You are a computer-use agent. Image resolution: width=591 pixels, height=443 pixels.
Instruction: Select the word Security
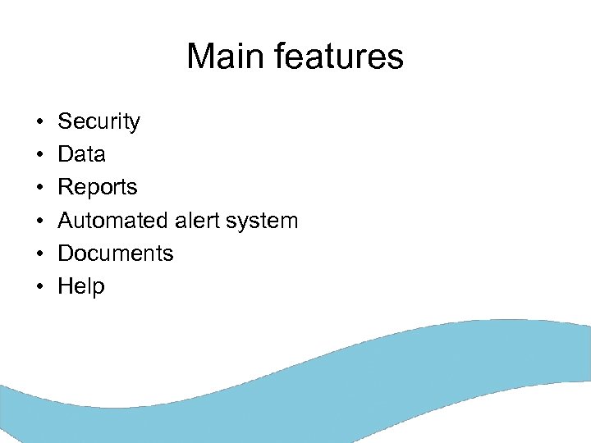point(98,122)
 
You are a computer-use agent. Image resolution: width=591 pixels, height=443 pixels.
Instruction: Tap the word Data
point(81,154)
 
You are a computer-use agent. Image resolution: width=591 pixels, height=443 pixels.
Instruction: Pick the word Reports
point(97,188)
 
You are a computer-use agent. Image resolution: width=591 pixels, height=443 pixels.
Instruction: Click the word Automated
point(113,221)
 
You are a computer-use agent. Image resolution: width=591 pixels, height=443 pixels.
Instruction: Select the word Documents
point(115,253)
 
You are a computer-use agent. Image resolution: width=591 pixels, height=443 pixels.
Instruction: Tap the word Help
point(81,287)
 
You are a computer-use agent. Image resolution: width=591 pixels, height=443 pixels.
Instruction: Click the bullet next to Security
point(39,122)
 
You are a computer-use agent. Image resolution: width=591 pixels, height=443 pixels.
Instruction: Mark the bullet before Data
point(39,155)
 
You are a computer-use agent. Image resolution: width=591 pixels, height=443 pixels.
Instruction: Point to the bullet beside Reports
point(39,188)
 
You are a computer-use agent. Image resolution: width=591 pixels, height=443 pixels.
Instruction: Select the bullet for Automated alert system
point(39,221)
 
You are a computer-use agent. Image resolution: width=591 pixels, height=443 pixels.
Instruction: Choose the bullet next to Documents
point(39,254)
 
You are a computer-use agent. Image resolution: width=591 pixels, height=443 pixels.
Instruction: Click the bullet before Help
point(39,287)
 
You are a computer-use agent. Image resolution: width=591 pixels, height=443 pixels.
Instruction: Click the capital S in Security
point(65,122)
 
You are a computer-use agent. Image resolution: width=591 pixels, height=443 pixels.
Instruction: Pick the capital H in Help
point(65,286)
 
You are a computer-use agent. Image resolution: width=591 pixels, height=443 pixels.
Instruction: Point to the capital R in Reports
point(65,188)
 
